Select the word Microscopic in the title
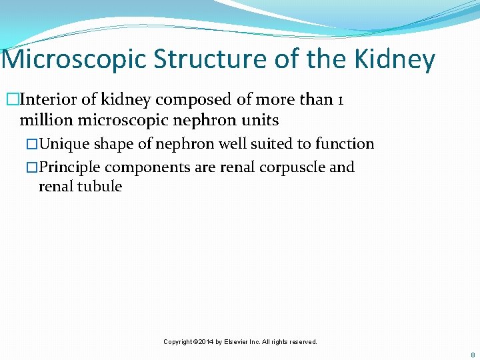tap(75, 59)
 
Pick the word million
tap(47, 121)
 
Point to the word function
tap(345, 144)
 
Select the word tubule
tap(100, 187)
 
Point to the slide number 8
tap(473, 355)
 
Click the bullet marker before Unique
tap(34, 144)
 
